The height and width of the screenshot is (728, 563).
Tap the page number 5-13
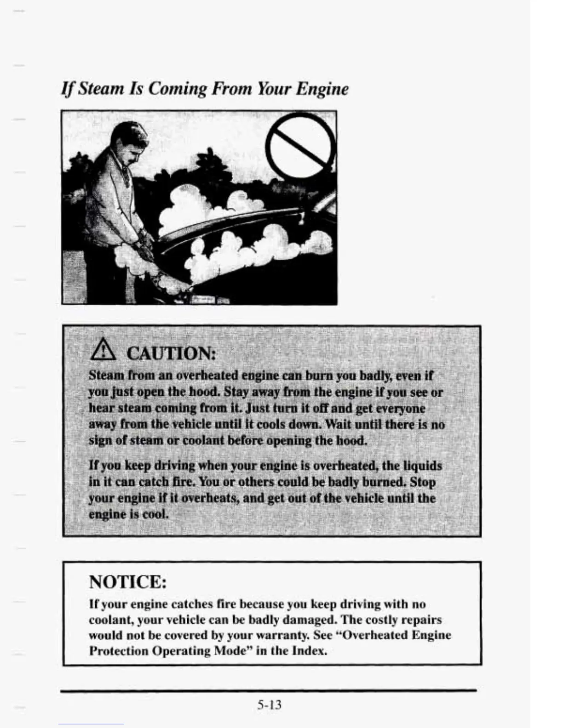tap(269, 704)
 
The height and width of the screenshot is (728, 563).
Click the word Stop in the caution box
tap(422, 482)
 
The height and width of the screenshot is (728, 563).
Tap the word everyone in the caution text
tap(400, 408)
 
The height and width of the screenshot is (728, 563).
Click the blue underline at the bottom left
tap(91, 724)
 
